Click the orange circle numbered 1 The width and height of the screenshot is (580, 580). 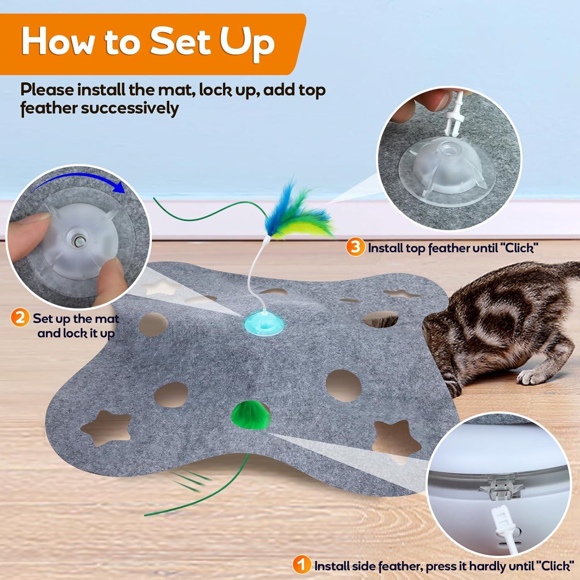point(302,565)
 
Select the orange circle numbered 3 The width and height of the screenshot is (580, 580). point(355,247)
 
